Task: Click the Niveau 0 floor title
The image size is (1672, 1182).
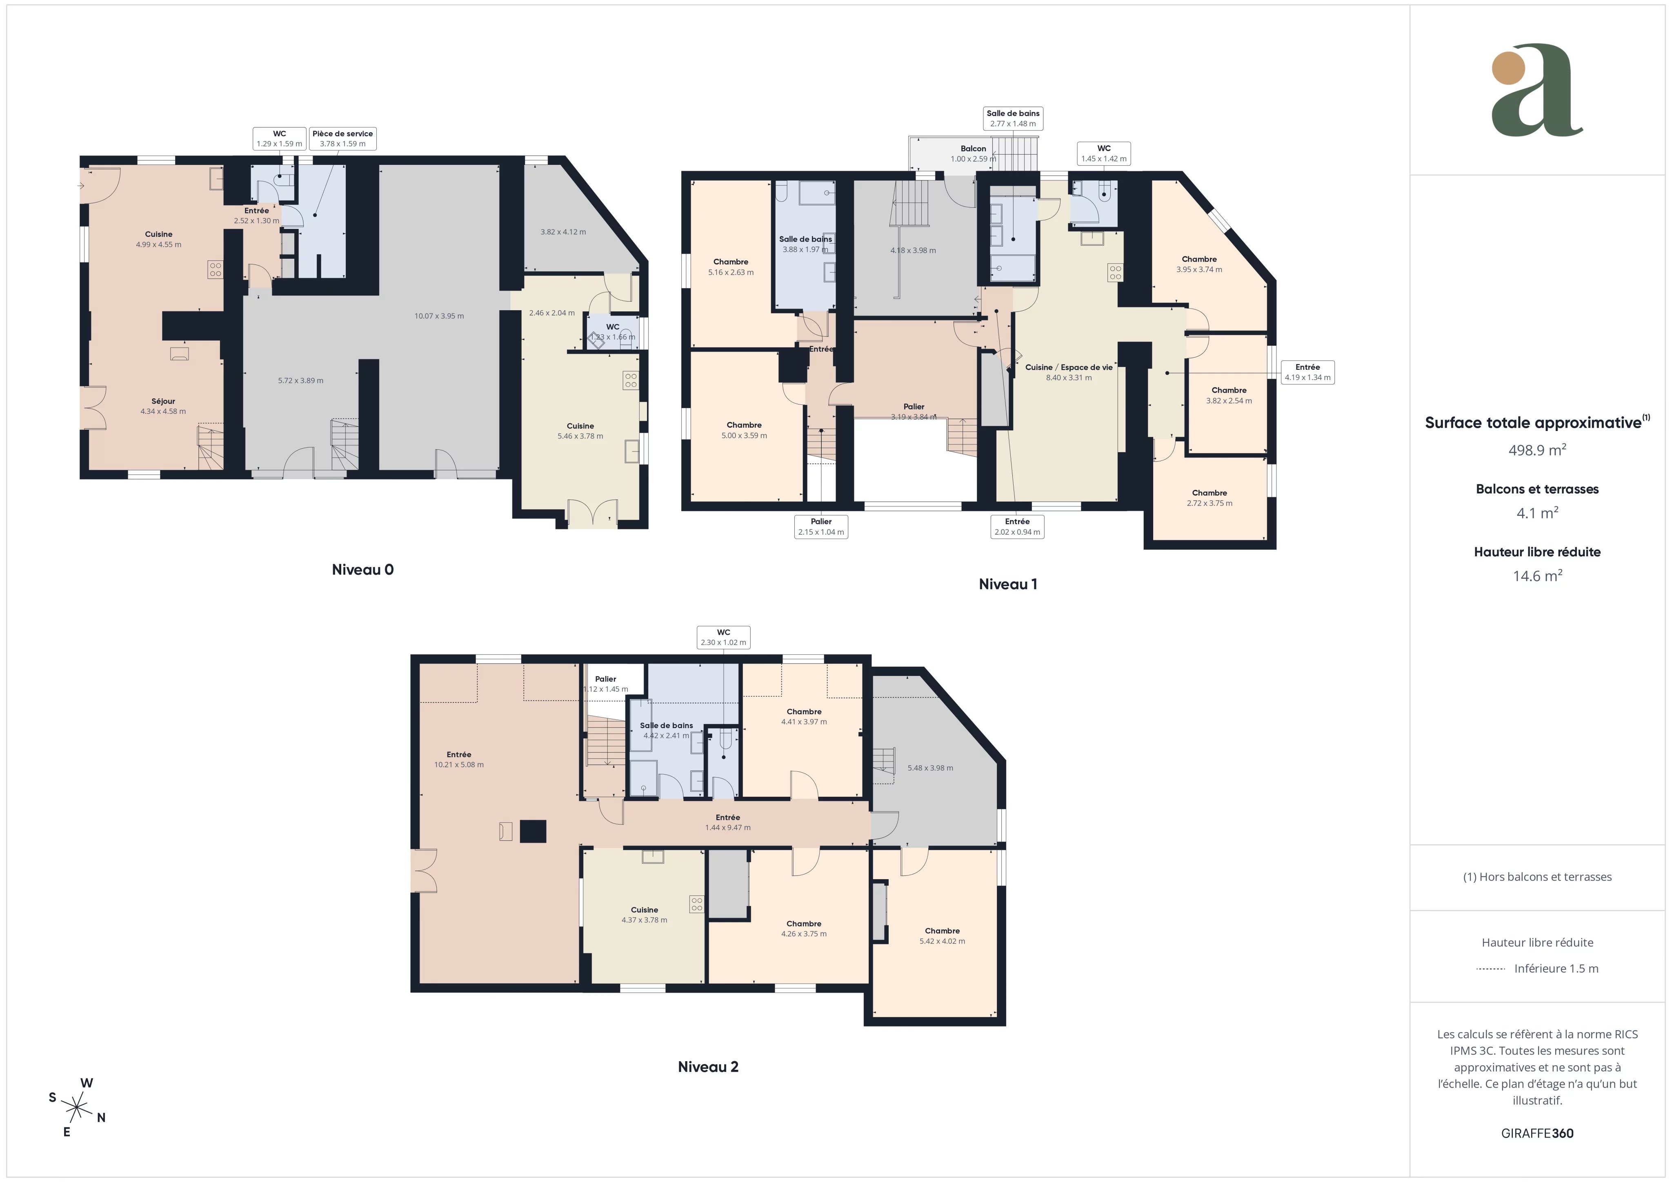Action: click(362, 569)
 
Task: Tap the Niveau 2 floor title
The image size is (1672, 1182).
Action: click(708, 1067)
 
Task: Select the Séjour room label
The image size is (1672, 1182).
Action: click(163, 401)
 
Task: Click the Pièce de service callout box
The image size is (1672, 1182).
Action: click(342, 138)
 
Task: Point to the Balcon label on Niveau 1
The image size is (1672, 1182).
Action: click(973, 149)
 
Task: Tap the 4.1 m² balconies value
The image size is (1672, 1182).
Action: click(1537, 513)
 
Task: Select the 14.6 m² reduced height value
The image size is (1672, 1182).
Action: click(1537, 576)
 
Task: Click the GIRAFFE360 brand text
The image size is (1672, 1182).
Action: click(1537, 1133)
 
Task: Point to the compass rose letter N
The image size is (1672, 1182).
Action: click(101, 1118)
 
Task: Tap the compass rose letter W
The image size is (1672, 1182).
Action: click(87, 1083)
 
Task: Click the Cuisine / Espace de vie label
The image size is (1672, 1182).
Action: click(1068, 367)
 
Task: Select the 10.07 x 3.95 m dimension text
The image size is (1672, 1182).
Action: click(439, 316)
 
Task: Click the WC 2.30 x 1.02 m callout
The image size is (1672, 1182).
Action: click(723, 637)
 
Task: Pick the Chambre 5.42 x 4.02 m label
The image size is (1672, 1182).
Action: click(942, 936)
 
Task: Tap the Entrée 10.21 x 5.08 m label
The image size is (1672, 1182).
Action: click(459, 760)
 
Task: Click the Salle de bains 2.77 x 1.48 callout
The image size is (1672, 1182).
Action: click(1013, 118)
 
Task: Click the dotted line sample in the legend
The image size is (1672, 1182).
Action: click(1491, 969)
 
